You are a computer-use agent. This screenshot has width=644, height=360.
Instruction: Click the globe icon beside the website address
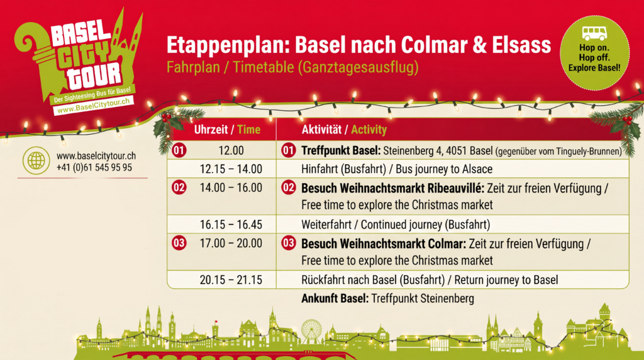tap(36, 160)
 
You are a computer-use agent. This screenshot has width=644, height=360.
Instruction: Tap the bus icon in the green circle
tap(594, 33)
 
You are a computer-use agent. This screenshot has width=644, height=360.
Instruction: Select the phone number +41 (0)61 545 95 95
tap(94, 167)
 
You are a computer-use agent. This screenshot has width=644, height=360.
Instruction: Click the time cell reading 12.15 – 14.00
tap(231, 169)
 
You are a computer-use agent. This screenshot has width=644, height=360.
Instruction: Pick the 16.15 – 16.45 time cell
tap(231, 225)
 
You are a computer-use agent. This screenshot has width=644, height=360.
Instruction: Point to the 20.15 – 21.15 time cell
tap(231, 280)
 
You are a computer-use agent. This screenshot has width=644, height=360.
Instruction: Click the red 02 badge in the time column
tap(179, 188)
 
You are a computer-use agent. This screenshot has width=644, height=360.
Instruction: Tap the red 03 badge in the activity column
tap(288, 243)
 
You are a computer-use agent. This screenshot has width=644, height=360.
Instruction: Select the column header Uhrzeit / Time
tap(227, 130)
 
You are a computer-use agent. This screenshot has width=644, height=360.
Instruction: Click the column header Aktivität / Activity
tap(344, 130)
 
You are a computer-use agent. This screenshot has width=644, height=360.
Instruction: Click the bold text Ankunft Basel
tap(335, 298)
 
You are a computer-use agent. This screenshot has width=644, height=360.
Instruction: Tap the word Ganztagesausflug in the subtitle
tap(358, 67)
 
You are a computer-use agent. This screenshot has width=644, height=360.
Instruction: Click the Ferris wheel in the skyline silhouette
tap(312, 331)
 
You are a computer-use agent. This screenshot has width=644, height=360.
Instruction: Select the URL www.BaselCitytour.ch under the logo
tap(93, 106)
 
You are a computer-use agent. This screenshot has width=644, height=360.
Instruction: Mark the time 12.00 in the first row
tap(231, 150)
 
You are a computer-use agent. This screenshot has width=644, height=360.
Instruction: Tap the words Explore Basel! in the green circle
tap(594, 68)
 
